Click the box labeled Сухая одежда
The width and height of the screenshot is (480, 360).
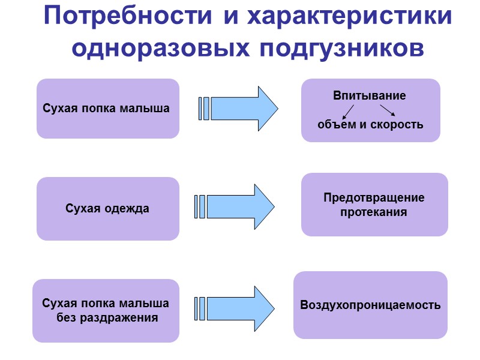108,209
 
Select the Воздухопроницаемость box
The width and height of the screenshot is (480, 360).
370,305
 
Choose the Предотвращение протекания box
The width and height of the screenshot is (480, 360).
374,205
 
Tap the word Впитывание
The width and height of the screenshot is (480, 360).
369,95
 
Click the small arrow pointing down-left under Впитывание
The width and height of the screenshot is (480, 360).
347,112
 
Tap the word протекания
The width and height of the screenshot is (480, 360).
374,212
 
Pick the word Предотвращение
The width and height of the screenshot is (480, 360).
374,197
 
